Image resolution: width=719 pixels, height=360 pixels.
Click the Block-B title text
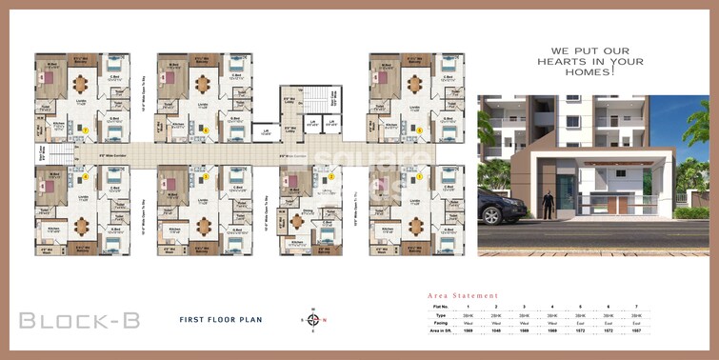tap(80, 320)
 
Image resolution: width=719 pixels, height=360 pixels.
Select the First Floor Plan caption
tap(220, 319)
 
